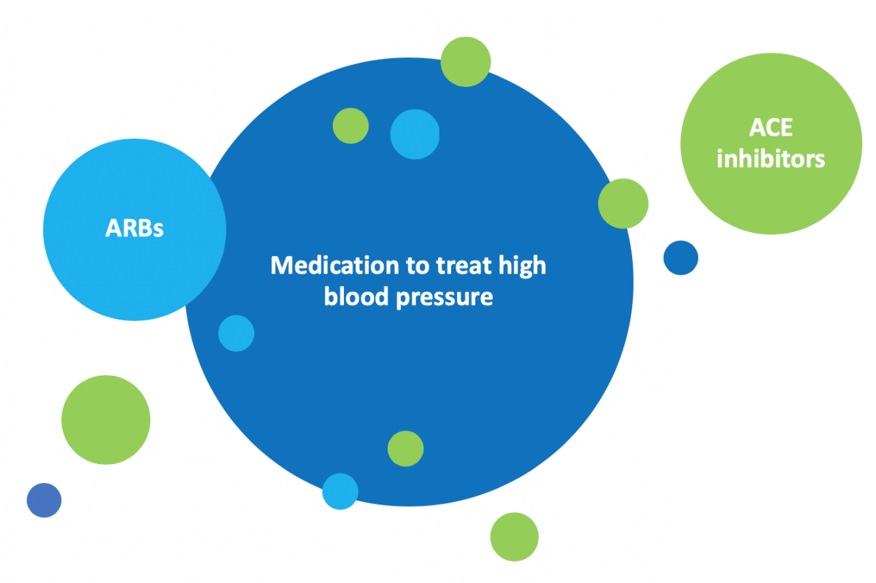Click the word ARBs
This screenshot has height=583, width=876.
point(134,228)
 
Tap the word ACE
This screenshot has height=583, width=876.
point(771,128)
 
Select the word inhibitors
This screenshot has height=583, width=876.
point(771,159)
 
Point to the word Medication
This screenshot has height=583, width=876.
point(335,266)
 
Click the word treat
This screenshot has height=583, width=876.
point(464,266)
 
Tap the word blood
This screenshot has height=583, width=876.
point(356,297)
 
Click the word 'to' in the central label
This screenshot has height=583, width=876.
point(418,266)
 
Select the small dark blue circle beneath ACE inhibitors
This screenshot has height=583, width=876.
point(680,258)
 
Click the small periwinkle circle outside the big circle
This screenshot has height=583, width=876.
point(45,500)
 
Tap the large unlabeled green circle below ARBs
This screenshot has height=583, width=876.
point(106,420)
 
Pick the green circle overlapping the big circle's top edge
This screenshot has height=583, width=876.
point(466,62)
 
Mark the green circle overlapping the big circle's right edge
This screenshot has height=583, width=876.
point(623,204)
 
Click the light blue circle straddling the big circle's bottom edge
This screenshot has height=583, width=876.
point(340,492)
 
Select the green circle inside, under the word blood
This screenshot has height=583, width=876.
point(406,449)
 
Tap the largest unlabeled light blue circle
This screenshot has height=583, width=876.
point(415,134)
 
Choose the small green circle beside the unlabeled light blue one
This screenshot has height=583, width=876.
point(351,126)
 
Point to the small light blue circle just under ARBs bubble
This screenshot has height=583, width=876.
point(237,333)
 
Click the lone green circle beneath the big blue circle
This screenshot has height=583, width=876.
point(514,537)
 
